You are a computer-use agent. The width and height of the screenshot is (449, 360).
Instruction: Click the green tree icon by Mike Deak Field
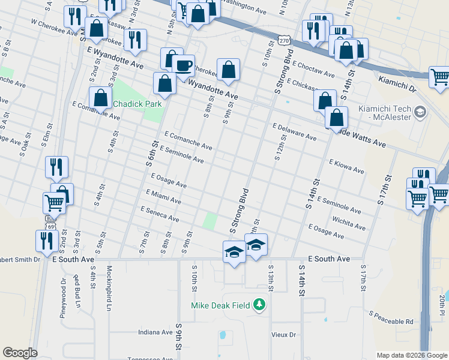click(x=259, y=305)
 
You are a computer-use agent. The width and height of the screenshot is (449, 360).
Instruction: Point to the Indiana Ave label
click(x=155, y=332)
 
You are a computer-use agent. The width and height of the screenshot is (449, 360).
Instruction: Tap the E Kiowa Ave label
click(x=346, y=166)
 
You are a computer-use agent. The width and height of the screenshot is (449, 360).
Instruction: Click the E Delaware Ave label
click(x=294, y=132)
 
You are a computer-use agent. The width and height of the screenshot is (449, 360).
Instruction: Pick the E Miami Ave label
click(x=163, y=196)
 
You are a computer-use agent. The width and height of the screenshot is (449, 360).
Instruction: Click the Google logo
click(x=20, y=353)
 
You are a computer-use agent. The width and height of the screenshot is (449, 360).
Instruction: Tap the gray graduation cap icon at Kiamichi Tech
click(x=420, y=112)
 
